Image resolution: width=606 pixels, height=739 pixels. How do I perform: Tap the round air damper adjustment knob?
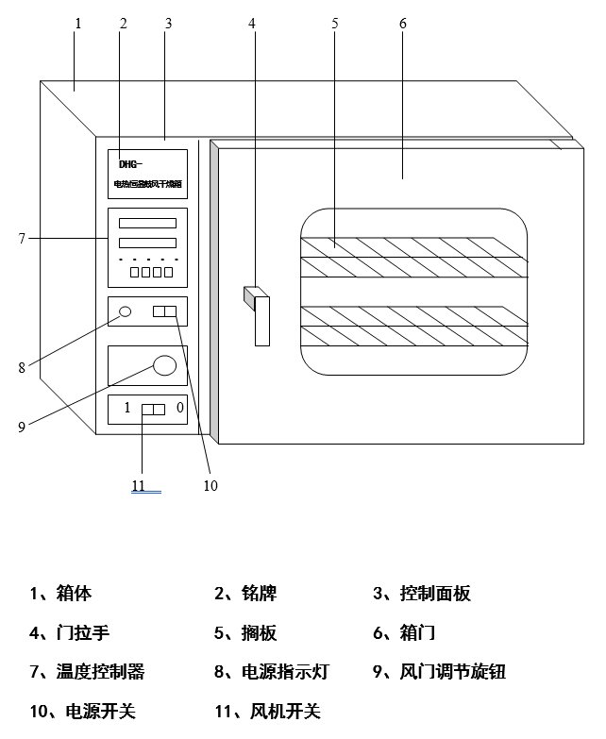[x=165, y=365]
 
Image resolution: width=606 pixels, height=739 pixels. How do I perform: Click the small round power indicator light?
[x=124, y=311]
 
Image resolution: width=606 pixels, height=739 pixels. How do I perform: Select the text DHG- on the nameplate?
[x=130, y=163]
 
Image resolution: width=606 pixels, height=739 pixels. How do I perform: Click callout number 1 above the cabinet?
[x=77, y=24]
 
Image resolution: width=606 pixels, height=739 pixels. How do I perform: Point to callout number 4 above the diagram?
[x=252, y=24]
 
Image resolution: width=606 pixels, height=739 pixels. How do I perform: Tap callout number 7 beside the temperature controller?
[x=21, y=239]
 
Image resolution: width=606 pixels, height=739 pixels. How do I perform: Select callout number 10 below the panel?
[x=210, y=485]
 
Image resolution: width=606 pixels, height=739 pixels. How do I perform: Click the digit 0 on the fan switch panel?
[x=179, y=409]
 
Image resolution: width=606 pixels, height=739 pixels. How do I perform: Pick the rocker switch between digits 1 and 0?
[x=153, y=410]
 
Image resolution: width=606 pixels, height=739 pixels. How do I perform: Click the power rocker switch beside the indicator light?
[x=164, y=311]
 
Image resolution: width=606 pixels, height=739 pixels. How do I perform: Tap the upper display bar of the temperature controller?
[x=147, y=224]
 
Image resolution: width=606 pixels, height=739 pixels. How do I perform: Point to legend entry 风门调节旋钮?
[x=452, y=672]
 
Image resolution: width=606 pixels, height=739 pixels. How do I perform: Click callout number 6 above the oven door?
[x=403, y=24]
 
